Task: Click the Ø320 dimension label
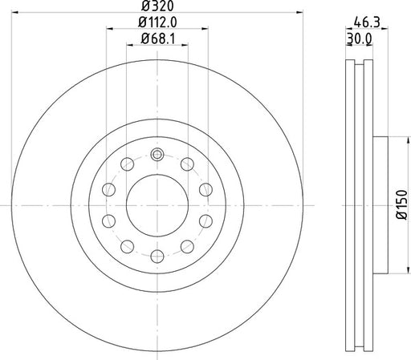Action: pyautogui.click(x=157, y=8)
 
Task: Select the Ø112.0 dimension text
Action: pyautogui.click(x=157, y=24)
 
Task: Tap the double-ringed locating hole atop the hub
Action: pyautogui.click(x=157, y=155)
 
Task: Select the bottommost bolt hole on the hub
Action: pyautogui.click(x=157, y=256)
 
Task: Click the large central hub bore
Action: pyautogui.click(x=157, y=206)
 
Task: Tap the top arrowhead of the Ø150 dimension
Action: pyautogui.click(x=393, y=138)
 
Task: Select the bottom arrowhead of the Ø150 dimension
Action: pyautogui.click(x=393, y=274)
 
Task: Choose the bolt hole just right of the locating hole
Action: pyautogui.click(x=186, y=165)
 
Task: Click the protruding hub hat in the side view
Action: pyautogui.click(x=382, y=206)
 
